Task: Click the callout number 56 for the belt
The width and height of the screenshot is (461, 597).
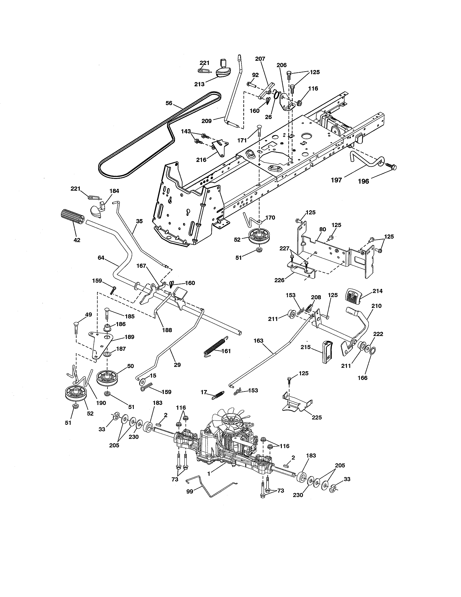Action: (x=169, y=103)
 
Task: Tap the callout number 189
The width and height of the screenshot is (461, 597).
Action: (x=129, y=337)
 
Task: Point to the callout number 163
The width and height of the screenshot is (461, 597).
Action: (x=258, y=341)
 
